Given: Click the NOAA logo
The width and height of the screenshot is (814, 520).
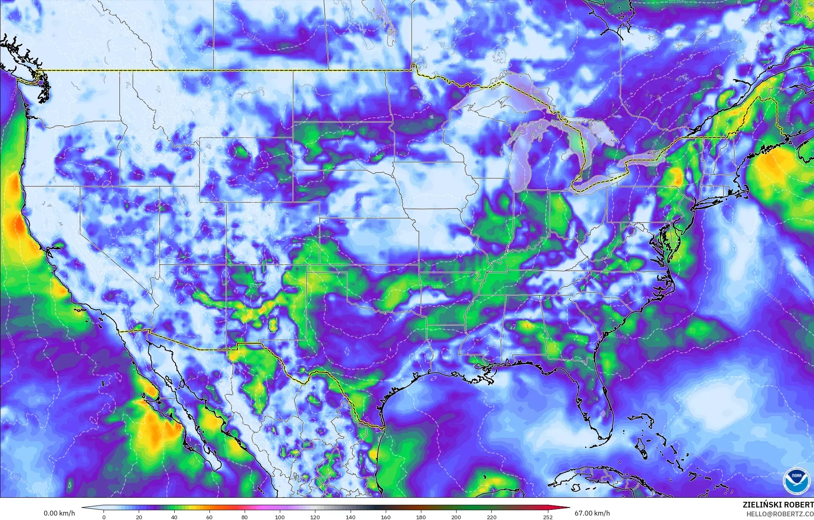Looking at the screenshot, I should pyautogui.click(x=794, y=480).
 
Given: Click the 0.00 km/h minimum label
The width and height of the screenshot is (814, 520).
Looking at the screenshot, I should pyautogui.click(x=59, y=514).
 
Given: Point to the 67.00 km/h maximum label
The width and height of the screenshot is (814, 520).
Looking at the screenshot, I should pyautogui.click(x=592, y=514).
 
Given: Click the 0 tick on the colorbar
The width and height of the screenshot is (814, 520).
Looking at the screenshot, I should pyautogui.click(x=104, y=517).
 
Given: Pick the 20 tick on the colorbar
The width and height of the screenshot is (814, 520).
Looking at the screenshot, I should pyautogui.click(x=139, y=517).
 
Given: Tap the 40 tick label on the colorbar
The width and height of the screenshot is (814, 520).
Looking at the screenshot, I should pyautogui.click(x=174, y=517).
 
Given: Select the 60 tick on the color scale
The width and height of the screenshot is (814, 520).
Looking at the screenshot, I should pyautogui.click(x=209, y=517).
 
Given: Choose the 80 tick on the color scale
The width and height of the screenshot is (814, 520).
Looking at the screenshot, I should pyautogui.click(x=245, y=517).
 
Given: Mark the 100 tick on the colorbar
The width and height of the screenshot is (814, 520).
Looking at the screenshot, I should pyautogui.click(x=280, y=517).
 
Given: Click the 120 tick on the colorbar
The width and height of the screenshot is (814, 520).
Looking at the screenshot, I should pyautogui.click(x=315, y=517).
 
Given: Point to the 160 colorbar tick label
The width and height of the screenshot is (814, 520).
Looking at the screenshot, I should pyautogui.click(x=386, y=517).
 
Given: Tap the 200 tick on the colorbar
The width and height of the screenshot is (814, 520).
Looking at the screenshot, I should pyautogui.click(x=456, y=517).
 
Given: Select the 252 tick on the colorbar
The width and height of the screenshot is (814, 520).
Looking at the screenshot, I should pyautogui.click(x=548, y=517).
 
